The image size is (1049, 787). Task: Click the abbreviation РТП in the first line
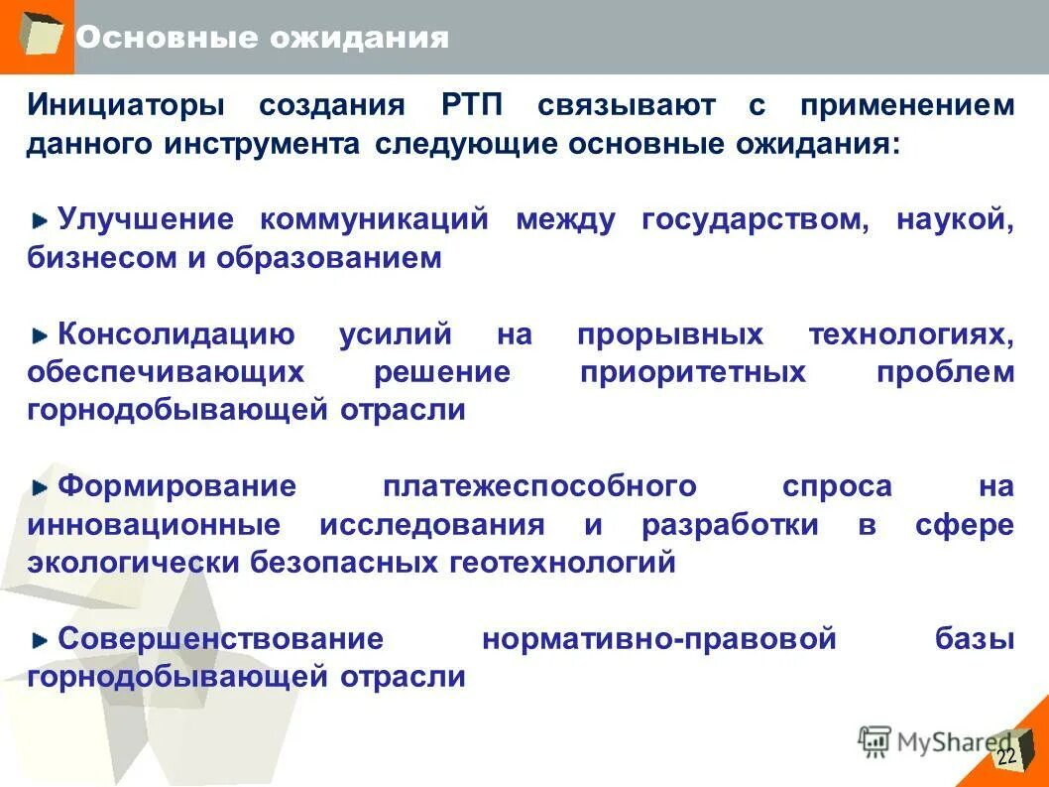tap(470, 105)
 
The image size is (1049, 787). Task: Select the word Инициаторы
tap(126, 105)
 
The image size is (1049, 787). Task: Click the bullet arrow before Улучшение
tap(40, 220)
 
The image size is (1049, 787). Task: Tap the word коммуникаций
tap(375, 219)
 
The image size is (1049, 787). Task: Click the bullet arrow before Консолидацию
tap(40, 335)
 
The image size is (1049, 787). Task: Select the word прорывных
tap(670, 335)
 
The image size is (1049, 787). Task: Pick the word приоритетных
tap(692, 373)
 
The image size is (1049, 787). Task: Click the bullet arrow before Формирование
tap(40, 487)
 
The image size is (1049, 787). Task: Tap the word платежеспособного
tap(539, 487)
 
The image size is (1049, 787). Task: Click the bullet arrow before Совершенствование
tap(40, 640)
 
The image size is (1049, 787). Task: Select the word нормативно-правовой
tap(659, 639)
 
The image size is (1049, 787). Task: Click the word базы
tap(975, 639)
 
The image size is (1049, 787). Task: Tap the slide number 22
tap(1006, 757)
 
